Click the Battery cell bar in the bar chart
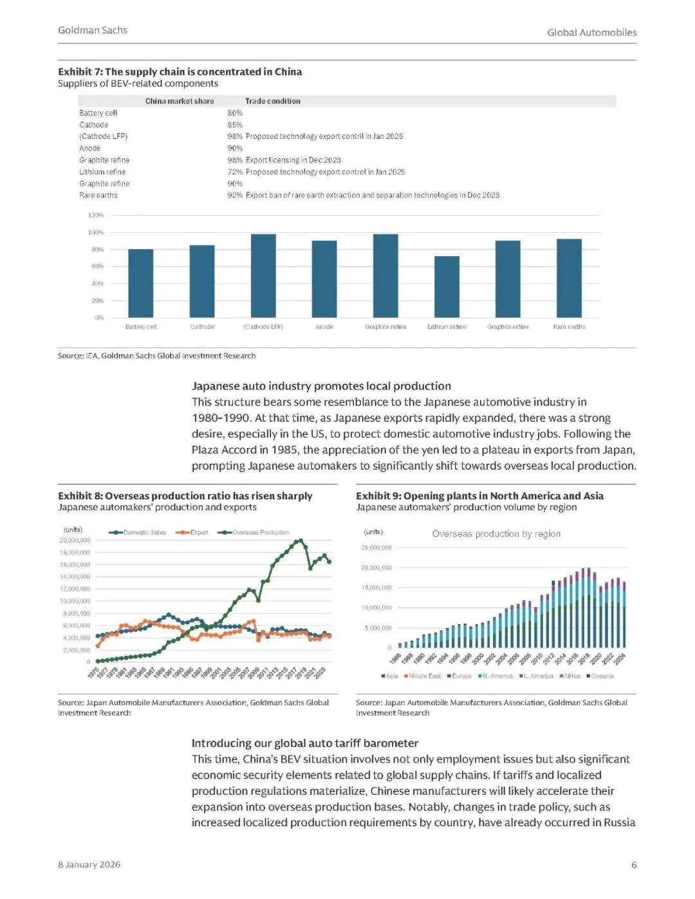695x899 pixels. [141, 283]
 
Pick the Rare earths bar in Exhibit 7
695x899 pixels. [569, 278]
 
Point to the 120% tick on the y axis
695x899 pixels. [95, 216]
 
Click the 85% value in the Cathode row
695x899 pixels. [235, 125]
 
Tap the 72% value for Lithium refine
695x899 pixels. [235, 172]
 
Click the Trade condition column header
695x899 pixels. [273, 101]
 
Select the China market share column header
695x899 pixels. [180, 101]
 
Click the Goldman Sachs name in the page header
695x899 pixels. [93, 30]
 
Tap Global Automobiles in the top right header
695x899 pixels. [591, 32]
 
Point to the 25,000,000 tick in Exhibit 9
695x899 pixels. [376, 548]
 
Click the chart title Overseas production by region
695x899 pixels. [496, 533]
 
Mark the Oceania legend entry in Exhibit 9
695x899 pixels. [602, 676]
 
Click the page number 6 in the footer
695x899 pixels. [634, 865]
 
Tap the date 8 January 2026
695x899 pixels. [89, 864]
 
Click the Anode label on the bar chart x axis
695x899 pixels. [324, 327]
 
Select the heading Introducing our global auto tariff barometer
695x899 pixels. [305, 743]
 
